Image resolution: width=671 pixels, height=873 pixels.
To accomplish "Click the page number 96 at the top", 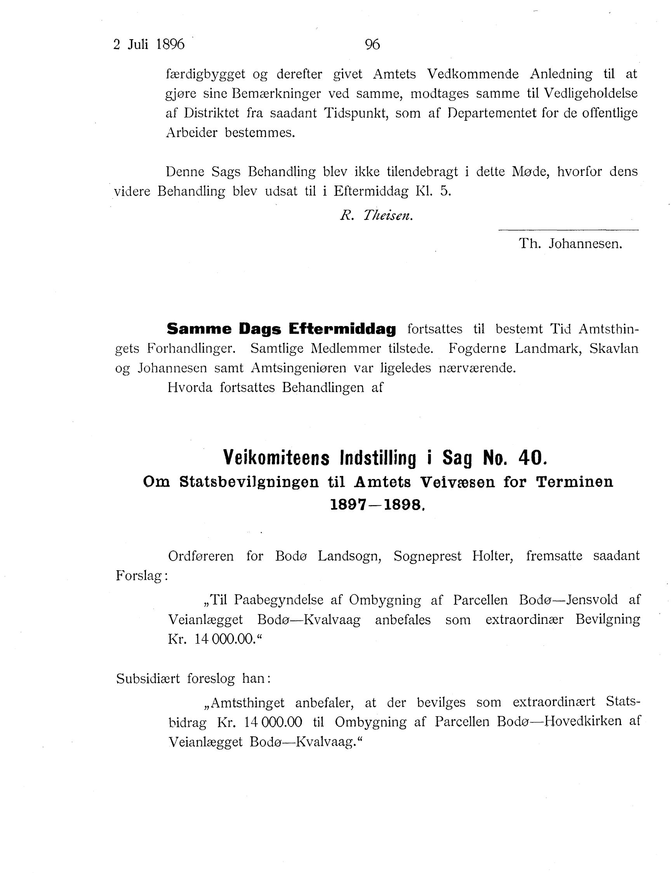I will (372, 44).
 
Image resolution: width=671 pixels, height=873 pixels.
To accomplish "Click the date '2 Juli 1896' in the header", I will (149, 44).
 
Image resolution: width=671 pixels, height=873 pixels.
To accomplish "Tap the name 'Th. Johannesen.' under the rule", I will (570, 243).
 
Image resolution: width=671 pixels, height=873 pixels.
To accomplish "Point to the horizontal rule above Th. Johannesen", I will (568, 230).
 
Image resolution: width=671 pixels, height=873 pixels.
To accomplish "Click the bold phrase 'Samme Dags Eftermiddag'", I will (281, 329).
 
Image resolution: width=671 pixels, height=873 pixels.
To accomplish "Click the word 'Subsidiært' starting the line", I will (148, 678).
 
